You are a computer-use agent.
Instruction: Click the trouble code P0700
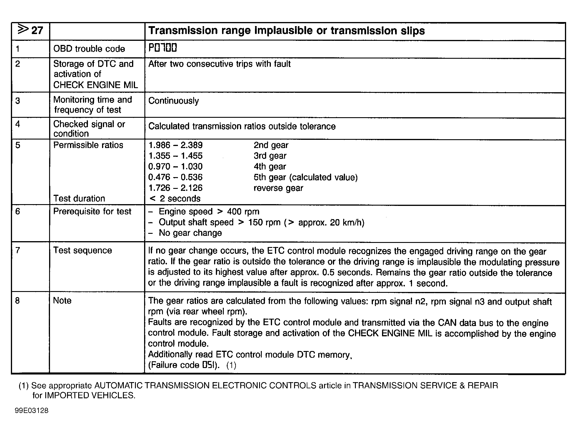pos(162,48)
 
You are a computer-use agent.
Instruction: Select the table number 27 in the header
pos(37,30)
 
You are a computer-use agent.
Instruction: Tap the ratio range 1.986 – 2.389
pos(175,145)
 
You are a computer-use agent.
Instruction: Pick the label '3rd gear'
pos(270,156)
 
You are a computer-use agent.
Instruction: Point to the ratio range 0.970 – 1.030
pos(175,167)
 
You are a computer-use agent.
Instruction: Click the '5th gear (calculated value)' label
pos(305,177)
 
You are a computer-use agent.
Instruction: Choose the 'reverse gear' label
pos(278,188)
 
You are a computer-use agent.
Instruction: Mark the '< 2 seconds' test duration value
pos(175,199)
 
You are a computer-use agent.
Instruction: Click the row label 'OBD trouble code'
pos(89,49)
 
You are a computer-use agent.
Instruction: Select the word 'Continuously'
pos(174,101)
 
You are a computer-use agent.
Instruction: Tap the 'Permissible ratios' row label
pos(88,145)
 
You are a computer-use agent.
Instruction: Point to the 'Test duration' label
pos(79,199)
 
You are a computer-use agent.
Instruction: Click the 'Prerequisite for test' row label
pos(92,211)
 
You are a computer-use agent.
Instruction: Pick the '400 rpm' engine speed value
pos(243,211)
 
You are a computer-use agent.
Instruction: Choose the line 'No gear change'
pos(190,233)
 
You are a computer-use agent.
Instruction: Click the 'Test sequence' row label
pos(82,251)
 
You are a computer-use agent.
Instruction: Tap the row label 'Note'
pos(62,301)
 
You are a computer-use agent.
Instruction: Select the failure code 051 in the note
pos(209,365)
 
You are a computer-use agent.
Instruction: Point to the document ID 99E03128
pos(31,411)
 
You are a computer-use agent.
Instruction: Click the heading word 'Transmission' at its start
pos(182,31)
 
